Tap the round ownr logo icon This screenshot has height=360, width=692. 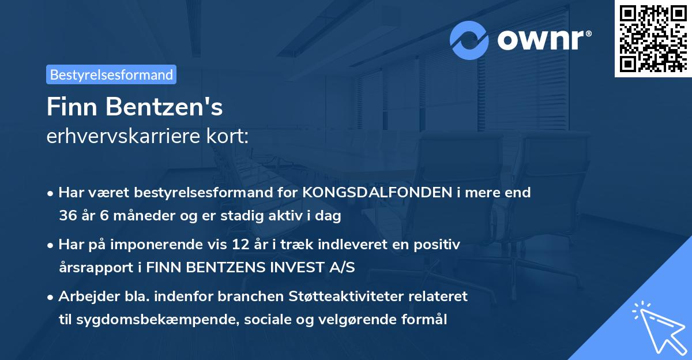pos(469,40)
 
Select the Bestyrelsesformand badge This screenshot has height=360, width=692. pos(111,74)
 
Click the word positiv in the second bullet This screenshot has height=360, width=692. pos(439,245)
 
